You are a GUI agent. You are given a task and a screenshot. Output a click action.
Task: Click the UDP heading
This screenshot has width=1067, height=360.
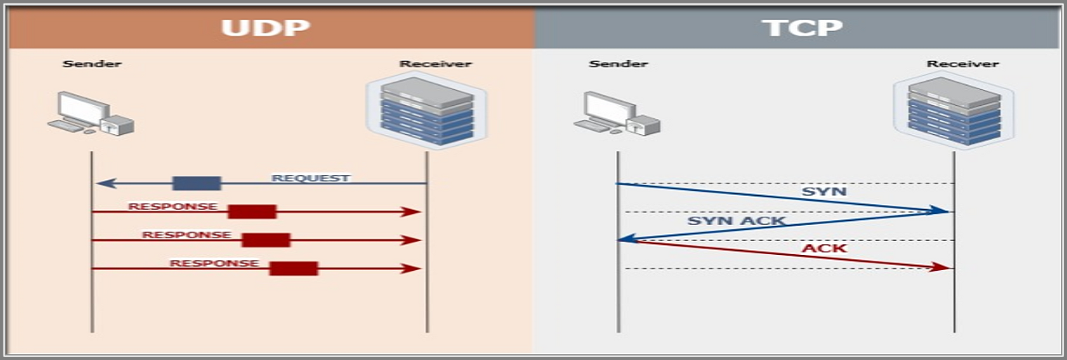(265, 27)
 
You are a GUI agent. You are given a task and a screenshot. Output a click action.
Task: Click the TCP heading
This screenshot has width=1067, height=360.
(801, 27)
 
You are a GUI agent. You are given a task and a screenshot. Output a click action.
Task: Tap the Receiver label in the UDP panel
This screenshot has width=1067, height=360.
(435, 63)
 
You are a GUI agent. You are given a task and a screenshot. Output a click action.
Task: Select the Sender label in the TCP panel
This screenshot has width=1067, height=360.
(618, 63)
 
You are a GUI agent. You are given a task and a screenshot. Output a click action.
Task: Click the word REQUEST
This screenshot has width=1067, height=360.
(310, 177)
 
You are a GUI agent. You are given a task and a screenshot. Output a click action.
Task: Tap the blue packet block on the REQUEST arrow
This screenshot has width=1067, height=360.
(197, 183)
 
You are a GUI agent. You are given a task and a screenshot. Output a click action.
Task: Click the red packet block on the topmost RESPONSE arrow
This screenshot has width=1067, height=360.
(252, 212)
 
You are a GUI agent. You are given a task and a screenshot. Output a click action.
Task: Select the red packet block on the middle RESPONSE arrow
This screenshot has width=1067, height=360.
(266, 240)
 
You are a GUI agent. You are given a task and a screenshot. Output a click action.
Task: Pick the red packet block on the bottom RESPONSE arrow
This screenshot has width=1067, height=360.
(293, 268)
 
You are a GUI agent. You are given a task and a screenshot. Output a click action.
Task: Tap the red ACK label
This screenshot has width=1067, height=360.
(824, 248)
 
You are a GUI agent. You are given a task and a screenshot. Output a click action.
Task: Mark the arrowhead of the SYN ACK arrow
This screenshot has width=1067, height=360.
(625, 240)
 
